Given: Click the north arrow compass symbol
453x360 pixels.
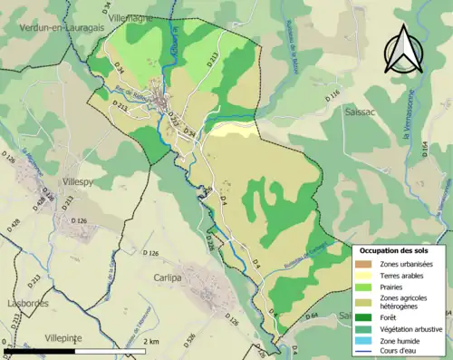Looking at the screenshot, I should point(400,51).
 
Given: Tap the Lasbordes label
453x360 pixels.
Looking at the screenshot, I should point(24,304).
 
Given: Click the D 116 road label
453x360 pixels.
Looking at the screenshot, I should point(333,94).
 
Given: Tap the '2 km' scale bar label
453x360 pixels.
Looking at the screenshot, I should point(152,341).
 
